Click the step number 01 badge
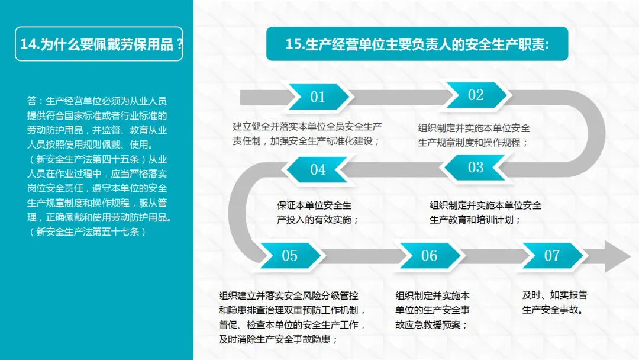pyautogui.click(x=318, y=97)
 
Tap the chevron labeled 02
pyautogui.click(x=476, y=95)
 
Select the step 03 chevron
pyautogui.click(x=476, y=168)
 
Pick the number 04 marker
pyautogui.click(x=318, y=170)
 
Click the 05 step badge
pyautogui.click(x=289, y=256)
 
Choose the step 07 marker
pyautogui.click(x=551, y=256)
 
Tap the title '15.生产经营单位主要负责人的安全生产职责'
pyautogui.click(x=417, y=44)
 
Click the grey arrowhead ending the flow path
pyautogui.click(x=618, y=256)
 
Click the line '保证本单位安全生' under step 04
pyautogui.click(x=314, y=205)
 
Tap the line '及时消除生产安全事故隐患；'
pyautogui.click(x=278, y=339)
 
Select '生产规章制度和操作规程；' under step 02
pyautogui.click(x=473, y=142)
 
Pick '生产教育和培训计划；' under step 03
pyautogui.click(x=475, y=220)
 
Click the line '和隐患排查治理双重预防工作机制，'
pyautogui.click(x=293, y=310)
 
